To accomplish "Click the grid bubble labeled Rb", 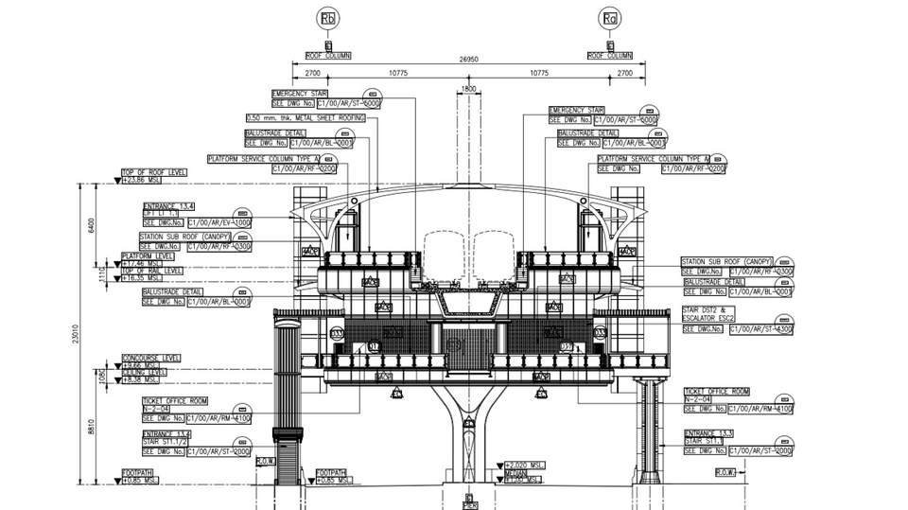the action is click(x=328, y=19).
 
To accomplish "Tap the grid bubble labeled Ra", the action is click(x=612, y=19).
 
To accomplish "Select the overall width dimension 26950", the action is click(x=469, y=59).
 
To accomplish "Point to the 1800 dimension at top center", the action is click(x=468, y=89).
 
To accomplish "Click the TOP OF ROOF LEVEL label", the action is click(x=153, y=172).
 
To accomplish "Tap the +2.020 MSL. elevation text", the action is click(x=528, y=466).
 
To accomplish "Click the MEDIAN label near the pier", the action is click(x=515, y=473).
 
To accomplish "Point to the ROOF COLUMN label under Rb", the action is click(x=327, y=56).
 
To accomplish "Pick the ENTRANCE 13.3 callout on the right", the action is click(x=709, y=433).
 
